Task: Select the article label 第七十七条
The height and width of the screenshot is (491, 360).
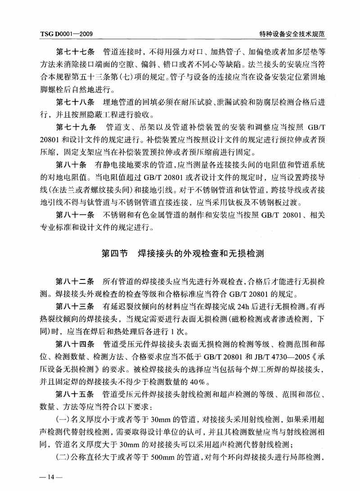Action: (74, 51)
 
